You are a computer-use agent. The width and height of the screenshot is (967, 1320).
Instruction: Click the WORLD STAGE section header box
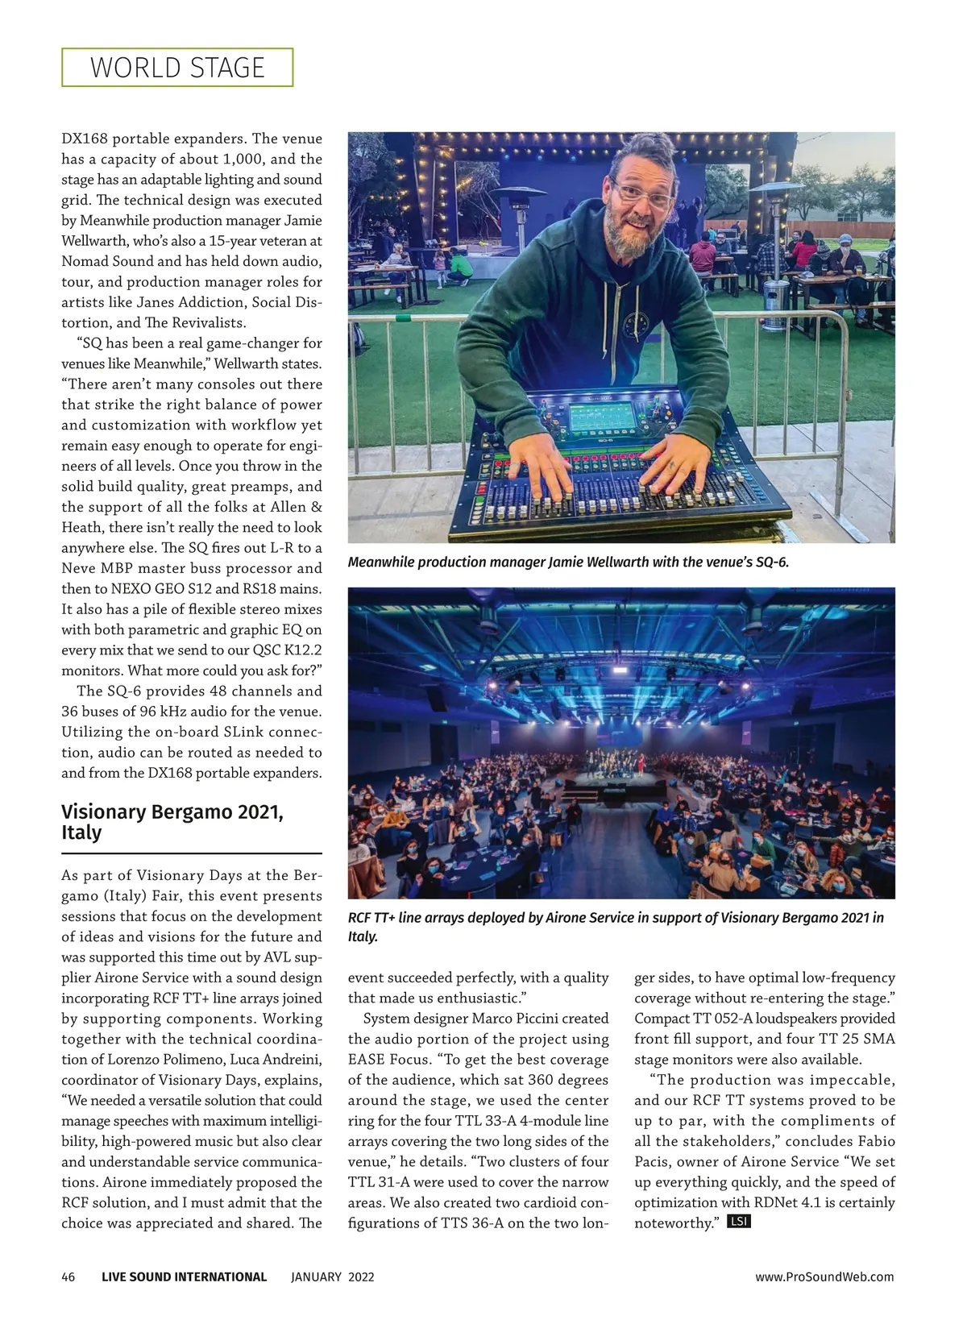(x=177, y=68)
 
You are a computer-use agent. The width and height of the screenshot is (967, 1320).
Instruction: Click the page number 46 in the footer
(x=68, y=1276)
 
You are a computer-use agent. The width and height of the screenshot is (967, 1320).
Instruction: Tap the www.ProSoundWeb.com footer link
(x=824, y=1276)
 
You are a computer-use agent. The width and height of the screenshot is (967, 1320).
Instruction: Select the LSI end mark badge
(x=739, y=1222)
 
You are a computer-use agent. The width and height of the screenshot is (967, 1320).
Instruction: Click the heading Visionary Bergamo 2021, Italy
(x=172, y=822)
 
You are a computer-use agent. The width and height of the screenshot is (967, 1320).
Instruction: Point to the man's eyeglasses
(x=642, y=194)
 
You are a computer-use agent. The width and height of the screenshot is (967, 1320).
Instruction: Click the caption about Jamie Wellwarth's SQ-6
(x=568, y=562)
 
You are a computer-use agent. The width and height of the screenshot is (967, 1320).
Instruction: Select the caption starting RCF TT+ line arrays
(x=616, y=927)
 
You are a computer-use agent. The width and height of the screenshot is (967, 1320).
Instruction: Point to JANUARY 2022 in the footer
(x=332, y=1276)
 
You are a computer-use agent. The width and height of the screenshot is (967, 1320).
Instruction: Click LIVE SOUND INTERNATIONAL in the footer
(x=184, y=1276)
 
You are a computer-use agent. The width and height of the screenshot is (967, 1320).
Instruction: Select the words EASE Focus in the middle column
(x=390, y=1060)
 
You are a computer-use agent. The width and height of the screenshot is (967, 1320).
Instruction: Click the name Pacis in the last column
(x=653, y=1162)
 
